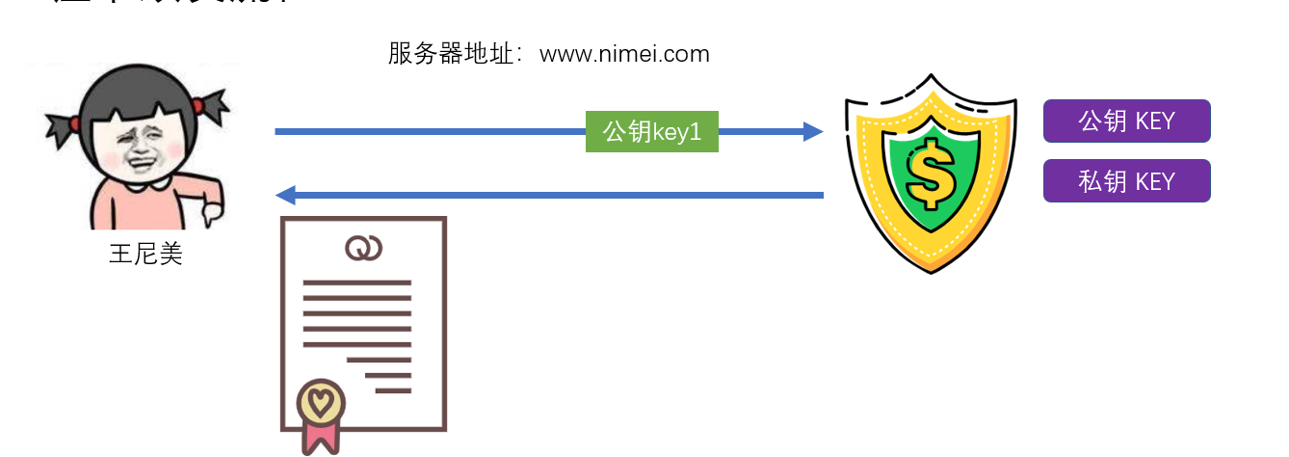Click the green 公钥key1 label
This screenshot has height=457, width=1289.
pyautogui.click(x=652, y=132)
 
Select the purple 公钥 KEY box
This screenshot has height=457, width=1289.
pyautogui.click(x=1126, y=121)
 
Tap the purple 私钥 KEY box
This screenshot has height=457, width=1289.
pyautogui.click(x=1126, y=180)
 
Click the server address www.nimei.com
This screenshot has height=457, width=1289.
pyautogui.click(x=624, y=54)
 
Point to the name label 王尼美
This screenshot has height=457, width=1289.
pyautogui.click(x=145, y=255)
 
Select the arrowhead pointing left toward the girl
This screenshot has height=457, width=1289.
pyautogui.click(x=286, y=196)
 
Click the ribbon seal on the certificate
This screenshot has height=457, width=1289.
pyautogui.click(x=321, y=415)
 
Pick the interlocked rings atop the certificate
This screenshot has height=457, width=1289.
pyautogui.click(x=363, y=249)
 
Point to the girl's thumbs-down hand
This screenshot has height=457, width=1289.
pyautogui.click(x=210, y=202)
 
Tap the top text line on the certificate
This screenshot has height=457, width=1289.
pyautogui.click(x=356, y=282)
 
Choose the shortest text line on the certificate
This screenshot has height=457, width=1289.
pyautogui.click(x=393, y=390)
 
